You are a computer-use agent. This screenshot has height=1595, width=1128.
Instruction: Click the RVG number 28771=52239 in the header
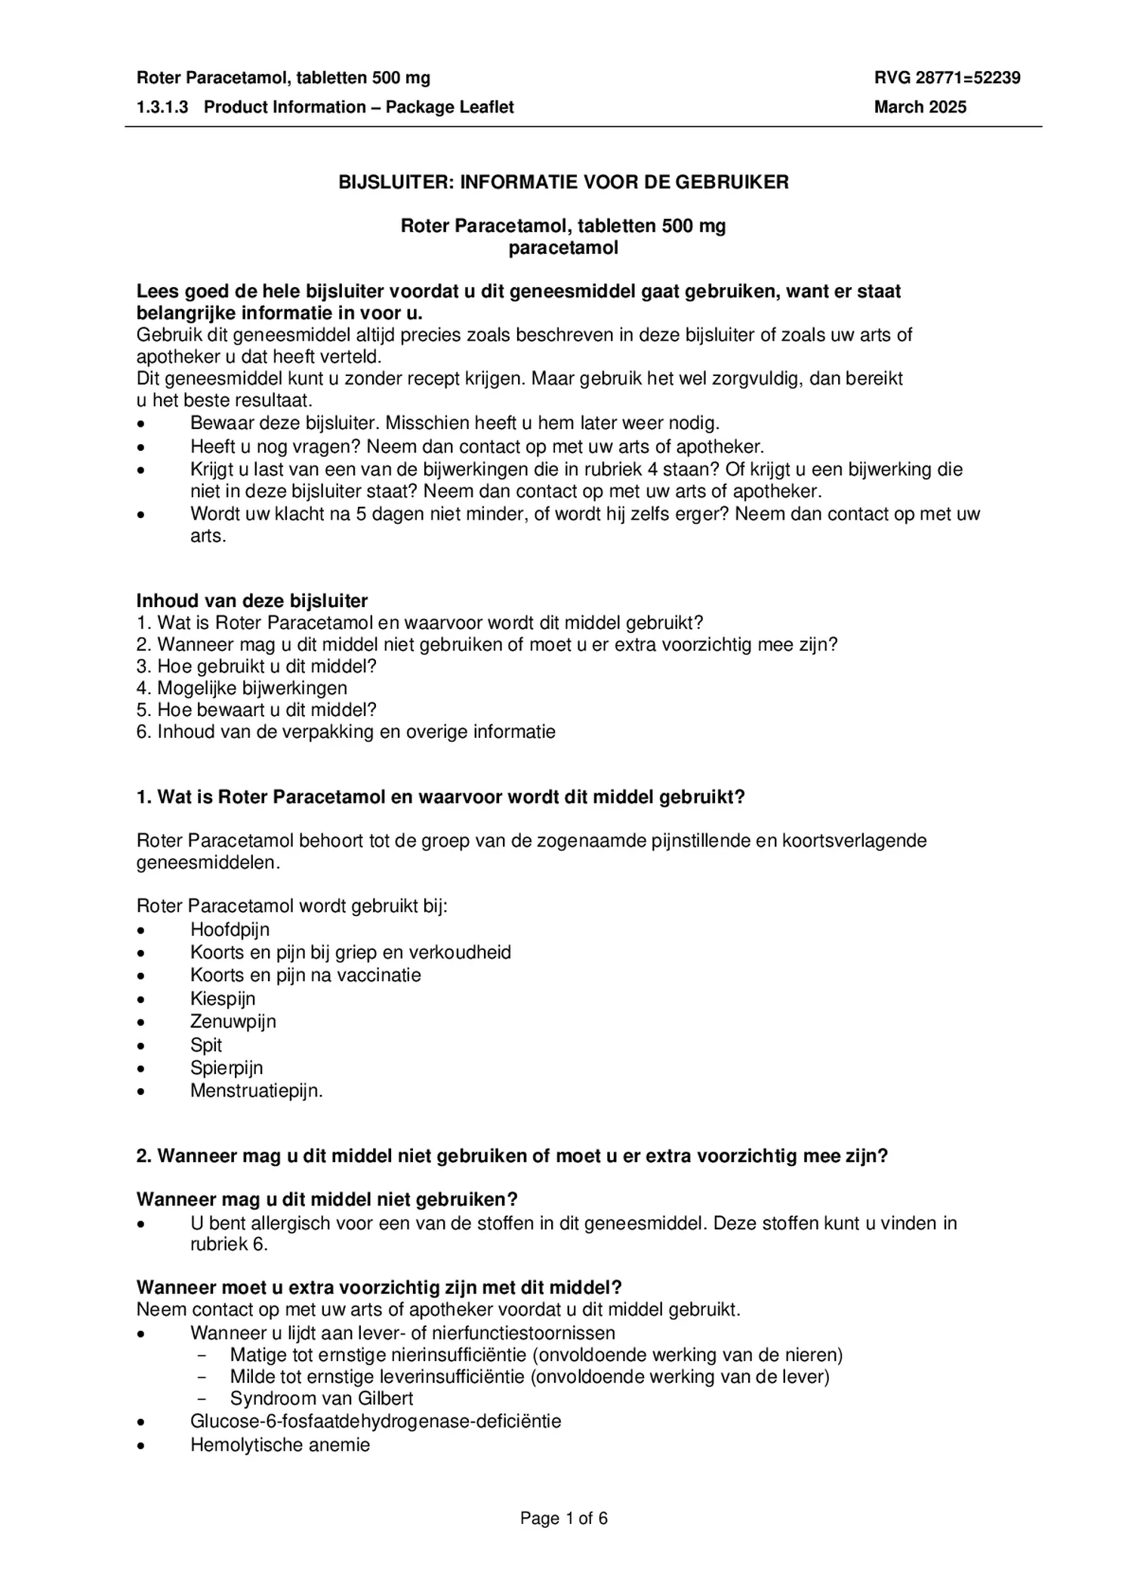click(x=947, y=78)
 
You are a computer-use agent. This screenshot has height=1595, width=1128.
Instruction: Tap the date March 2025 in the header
click(x=920, y=107)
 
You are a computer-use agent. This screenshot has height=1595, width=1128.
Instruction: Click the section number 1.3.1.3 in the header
click(x=162, y=107)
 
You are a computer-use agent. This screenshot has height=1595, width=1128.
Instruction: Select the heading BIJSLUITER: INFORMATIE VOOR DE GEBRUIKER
click(x=563, y=182)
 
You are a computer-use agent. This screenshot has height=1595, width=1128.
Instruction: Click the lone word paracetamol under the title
click(x=563, y=248)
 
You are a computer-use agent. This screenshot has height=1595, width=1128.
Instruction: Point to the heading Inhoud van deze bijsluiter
click(x=251, y=601)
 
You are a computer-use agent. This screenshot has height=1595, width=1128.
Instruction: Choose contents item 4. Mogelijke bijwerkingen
click(x=242, y=688)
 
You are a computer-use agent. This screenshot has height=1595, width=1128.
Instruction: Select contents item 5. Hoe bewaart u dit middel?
click(x=256, y=710)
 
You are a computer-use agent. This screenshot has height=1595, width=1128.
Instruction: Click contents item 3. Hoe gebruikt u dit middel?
click(x=256, y=666)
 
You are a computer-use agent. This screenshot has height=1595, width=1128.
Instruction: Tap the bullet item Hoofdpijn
click(x=230, y=930)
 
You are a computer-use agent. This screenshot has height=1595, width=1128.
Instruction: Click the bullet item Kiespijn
click(x=223, y=999)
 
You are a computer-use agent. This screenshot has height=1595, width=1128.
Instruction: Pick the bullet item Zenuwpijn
click(x=233, y=1022)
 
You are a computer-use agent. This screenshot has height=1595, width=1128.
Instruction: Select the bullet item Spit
click(x=206, y=1045)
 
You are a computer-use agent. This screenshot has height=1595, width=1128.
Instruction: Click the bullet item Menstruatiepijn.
click(x=256, y=1091)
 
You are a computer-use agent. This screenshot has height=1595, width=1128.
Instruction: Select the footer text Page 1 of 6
click(x=563, y=1519)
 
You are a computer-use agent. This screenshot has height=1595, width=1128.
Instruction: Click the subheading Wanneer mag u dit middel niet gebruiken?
click(x=326, y=1199)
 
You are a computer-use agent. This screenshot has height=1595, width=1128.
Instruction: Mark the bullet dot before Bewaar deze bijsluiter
click(x=141, y=424)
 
